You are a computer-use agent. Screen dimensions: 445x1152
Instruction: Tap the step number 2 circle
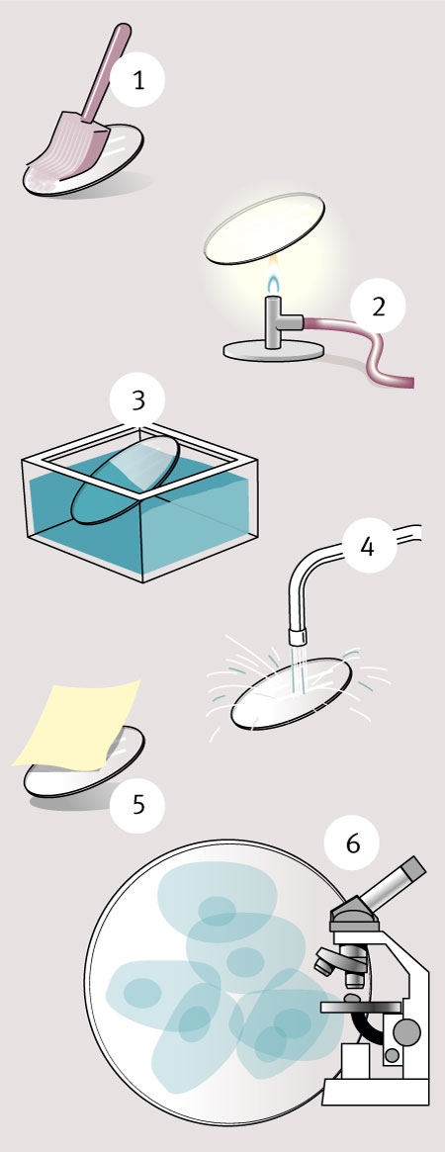tap(378, 307)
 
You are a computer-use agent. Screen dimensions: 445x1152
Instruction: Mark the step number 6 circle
tap(353, 845)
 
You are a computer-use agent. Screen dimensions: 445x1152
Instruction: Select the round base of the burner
tap(275, 349)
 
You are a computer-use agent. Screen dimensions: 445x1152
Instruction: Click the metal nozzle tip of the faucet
tap(296, 635)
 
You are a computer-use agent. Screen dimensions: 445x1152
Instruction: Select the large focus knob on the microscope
tap(406, 1031)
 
